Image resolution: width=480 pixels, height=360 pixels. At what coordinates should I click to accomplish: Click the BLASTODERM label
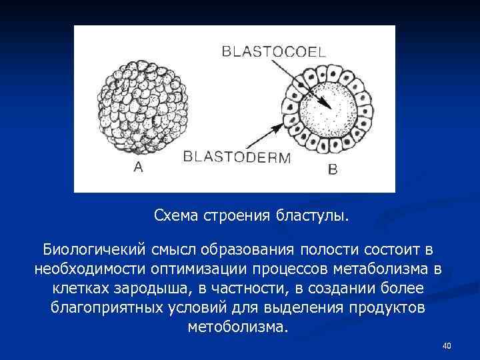(x=237, y=158)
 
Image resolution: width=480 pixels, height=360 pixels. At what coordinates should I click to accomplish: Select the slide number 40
(x=447, y=345)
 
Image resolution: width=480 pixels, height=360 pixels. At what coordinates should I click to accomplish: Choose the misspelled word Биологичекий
(x=94, y=250)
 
